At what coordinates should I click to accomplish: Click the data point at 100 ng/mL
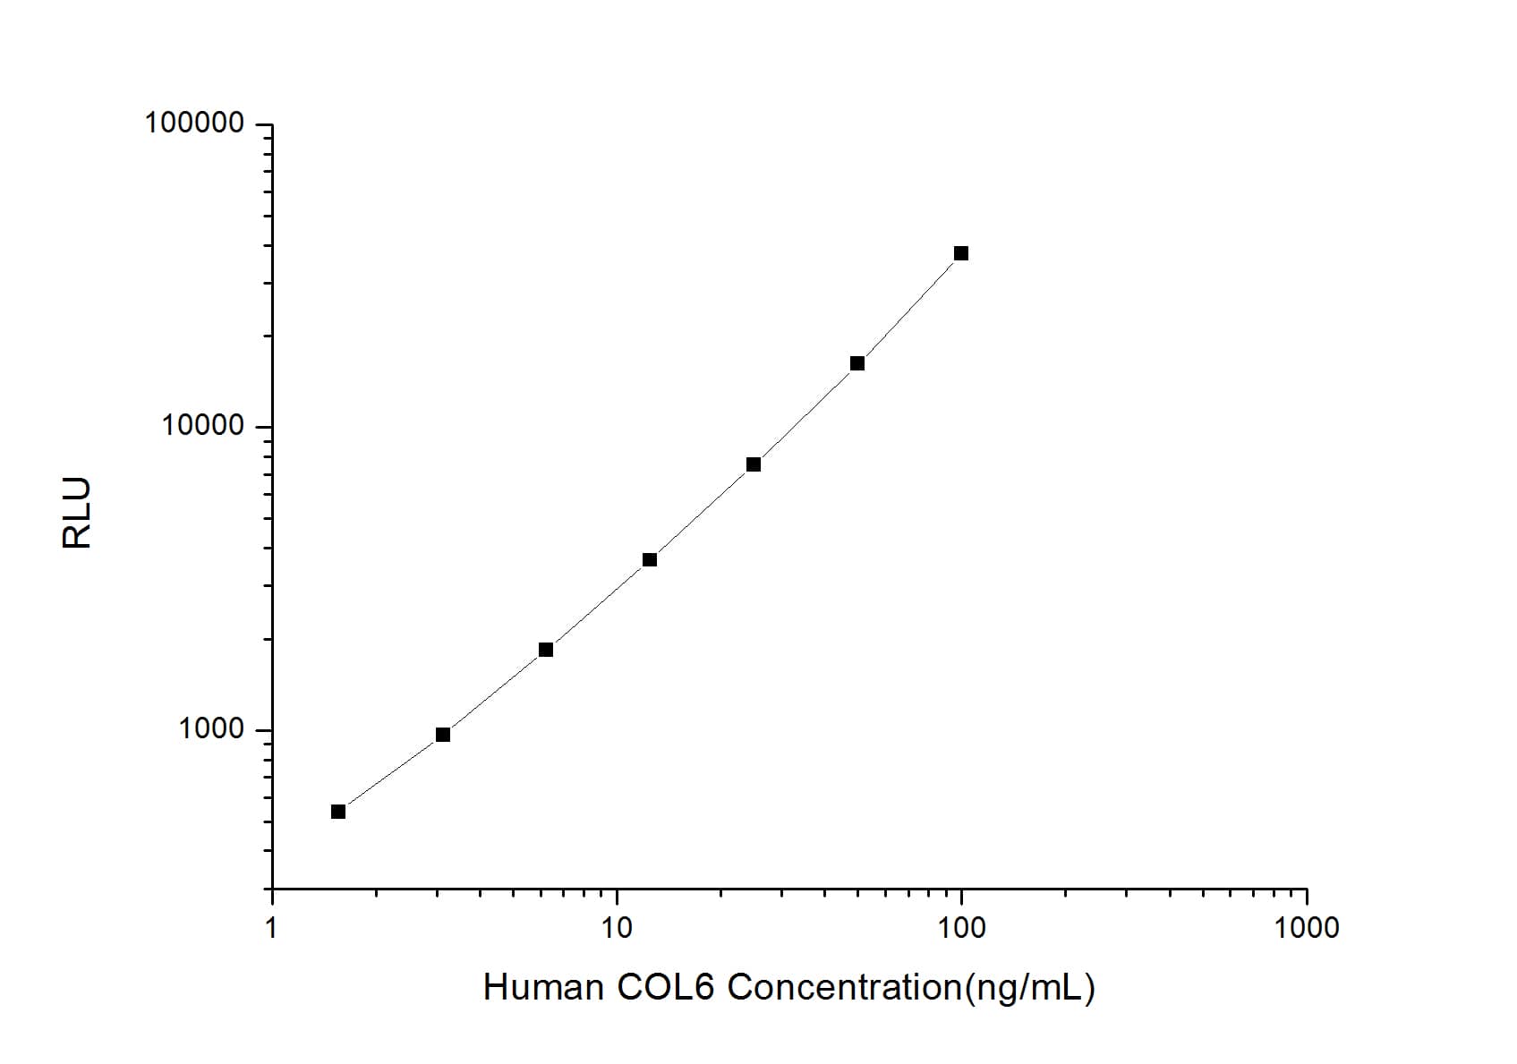point(961,253)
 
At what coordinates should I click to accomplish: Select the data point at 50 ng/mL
point(857,363)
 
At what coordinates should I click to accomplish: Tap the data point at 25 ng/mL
point(754,464)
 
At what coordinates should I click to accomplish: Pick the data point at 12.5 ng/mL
point(650,560)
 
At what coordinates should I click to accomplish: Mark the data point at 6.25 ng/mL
point(546,650)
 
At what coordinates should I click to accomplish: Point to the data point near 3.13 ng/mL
point(443,735)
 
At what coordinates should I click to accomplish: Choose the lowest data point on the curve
point(338,812)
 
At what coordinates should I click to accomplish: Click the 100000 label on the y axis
point(194,123)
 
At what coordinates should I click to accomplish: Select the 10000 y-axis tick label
point(203,426)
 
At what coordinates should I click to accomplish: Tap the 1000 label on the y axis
point(211,729)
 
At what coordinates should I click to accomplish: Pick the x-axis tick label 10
point(617,928)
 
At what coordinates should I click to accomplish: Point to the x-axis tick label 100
point(961,928)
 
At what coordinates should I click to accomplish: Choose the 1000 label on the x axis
point(1306,928)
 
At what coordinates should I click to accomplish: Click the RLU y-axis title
point(78,513)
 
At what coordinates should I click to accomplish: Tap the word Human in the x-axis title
point(543,988)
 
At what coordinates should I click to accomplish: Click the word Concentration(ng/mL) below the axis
point(911,988)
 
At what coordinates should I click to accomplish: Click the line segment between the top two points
point(909,309)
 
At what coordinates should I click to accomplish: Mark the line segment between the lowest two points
point(390,773)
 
